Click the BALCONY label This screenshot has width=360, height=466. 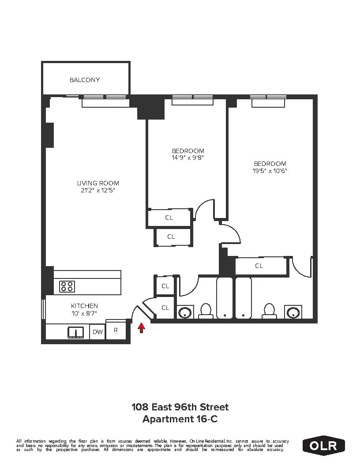click(85, 80)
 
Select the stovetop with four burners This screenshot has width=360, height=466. click(67, 286)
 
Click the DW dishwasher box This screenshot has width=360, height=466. click(97, 332)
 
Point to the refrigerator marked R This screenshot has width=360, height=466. click(116, 330)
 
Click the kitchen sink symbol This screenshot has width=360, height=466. click(76, 332)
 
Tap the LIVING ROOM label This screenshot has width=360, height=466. click(98, 183)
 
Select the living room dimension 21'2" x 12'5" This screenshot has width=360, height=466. click(98, 191)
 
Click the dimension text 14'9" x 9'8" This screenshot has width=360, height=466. click(188, 158)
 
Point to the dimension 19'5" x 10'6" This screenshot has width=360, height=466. click(270, 171)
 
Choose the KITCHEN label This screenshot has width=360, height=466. click(84, 306)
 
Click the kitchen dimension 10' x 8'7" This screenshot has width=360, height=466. click(84, 313)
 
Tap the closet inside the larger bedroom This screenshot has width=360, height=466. click(259, 266)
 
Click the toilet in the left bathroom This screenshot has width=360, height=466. click(206, 311)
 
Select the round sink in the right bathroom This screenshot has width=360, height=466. click(293, 312)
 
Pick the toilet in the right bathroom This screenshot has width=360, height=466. click(268, 311)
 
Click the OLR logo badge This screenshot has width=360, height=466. click(324, 445)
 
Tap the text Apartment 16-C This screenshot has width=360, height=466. click(180, 419)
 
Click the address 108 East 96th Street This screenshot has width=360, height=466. click(180, 407)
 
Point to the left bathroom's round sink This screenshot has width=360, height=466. click(185, 312)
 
